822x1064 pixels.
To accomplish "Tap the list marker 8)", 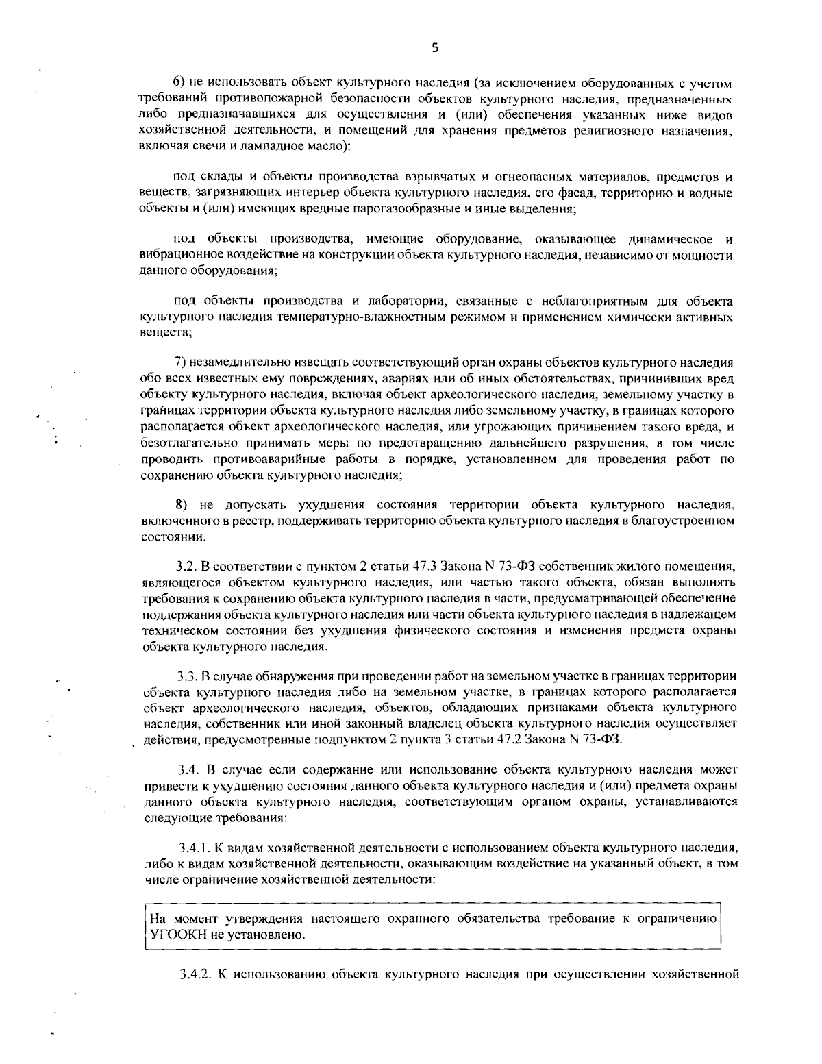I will (182, 505).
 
